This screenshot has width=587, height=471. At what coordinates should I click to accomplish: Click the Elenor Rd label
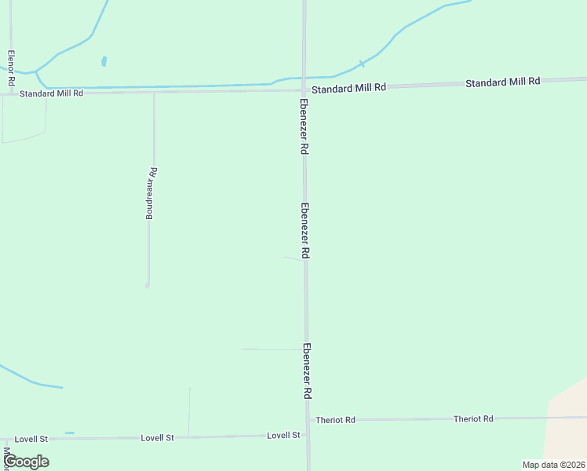11,68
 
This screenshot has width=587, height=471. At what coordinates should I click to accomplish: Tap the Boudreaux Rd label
152,192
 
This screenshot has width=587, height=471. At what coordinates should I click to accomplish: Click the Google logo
26,462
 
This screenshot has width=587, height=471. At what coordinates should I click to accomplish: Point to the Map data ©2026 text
553,464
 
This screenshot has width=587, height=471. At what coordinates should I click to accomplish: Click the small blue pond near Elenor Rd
104,60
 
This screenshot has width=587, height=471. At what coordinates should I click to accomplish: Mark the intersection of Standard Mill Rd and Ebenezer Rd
304,90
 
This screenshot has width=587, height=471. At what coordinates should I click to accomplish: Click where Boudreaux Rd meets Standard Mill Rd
154,93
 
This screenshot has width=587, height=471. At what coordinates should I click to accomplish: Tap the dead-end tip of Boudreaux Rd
148,286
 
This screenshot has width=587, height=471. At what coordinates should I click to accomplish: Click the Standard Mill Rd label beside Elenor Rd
52,93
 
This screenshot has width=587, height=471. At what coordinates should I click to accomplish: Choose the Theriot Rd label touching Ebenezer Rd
335,420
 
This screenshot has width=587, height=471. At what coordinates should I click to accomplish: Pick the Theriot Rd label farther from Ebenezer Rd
472,419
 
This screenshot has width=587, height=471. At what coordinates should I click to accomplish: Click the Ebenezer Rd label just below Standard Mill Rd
302,126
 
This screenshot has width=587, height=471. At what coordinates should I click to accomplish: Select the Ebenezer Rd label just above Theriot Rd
308,371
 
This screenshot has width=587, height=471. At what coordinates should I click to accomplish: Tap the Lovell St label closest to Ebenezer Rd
283,435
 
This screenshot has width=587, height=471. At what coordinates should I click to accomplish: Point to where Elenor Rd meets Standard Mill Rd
11,93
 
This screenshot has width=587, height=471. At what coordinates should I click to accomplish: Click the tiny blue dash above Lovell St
70,433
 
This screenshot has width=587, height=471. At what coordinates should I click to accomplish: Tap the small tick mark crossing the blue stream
361,64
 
